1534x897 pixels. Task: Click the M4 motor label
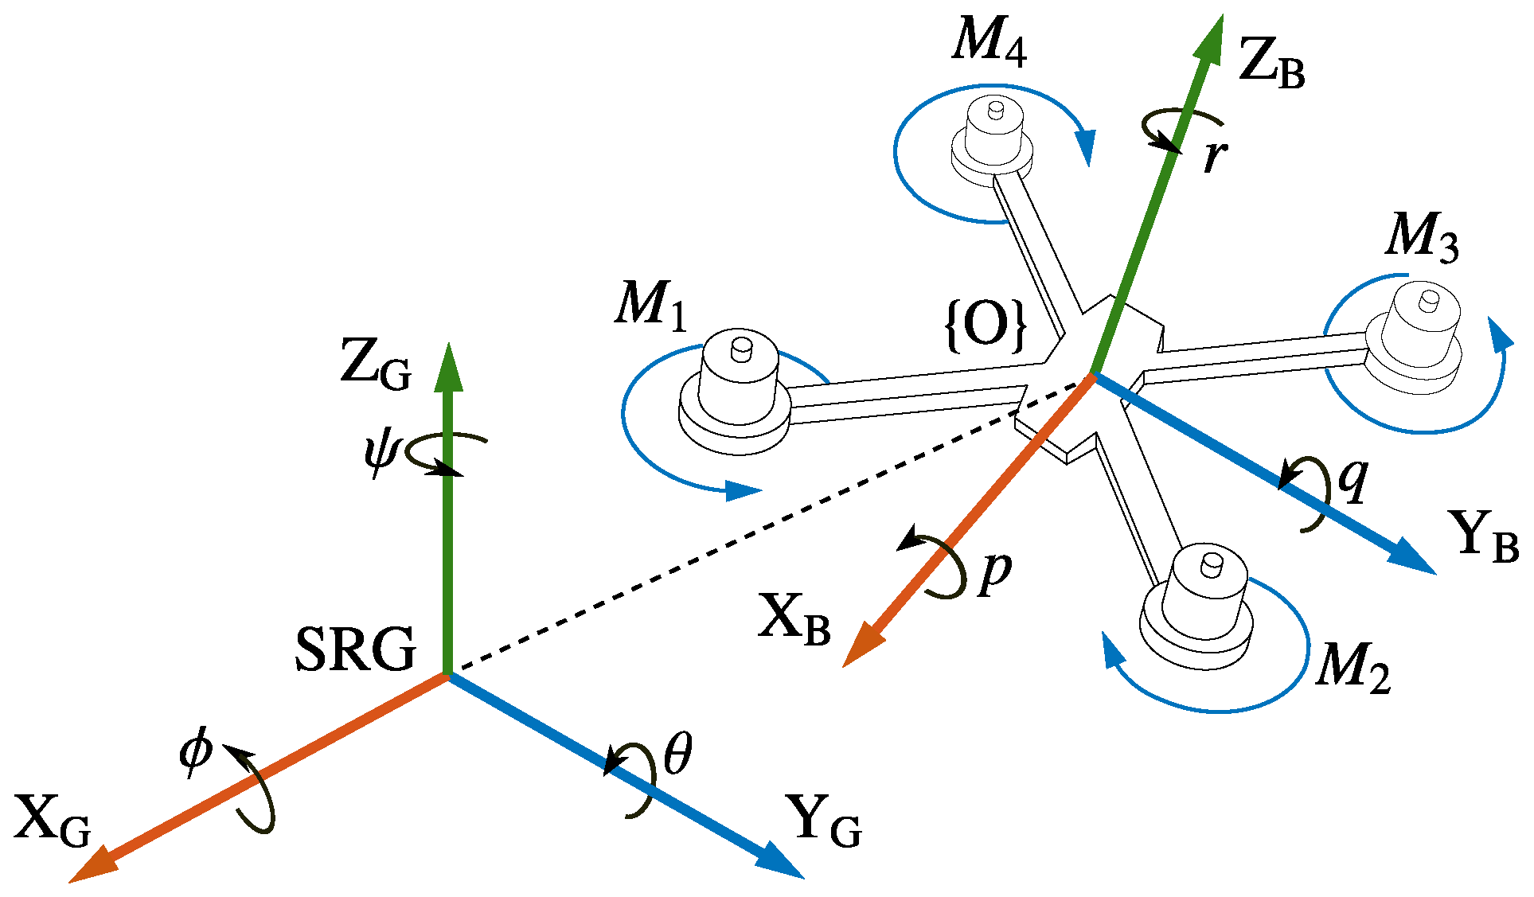pos(989,40)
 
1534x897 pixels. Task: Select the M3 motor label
pos(1422,236)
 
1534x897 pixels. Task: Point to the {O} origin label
pos(986,325)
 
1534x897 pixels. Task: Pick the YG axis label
pos(823,821)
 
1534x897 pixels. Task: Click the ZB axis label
pos(1271,64)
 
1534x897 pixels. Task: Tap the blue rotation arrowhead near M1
pos(744,490)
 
